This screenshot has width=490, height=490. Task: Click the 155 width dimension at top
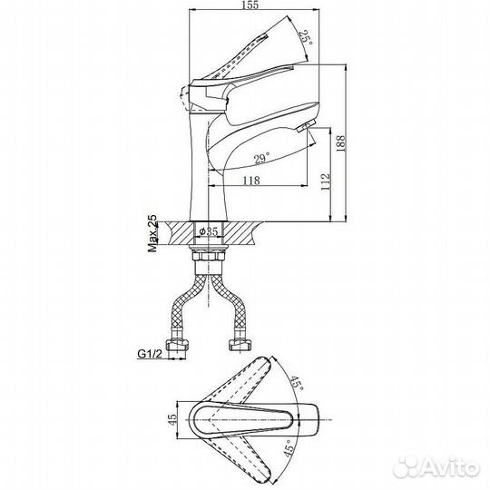click(250, 5)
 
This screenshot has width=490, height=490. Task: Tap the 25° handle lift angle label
click(305, 38)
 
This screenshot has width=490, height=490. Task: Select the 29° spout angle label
click(262, 159)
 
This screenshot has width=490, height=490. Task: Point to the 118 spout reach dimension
click(251, 181)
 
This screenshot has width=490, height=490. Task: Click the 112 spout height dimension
click(326, 181)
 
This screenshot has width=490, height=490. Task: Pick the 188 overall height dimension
click(340, 143)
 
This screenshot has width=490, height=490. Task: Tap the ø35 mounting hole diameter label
click(209, 231)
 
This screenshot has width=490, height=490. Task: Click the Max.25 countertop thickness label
click(153, 233)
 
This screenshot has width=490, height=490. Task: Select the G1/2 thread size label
click(150, 354)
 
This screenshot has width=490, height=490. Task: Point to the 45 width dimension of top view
click(171, 420)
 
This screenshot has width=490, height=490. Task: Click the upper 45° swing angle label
click(296, 383)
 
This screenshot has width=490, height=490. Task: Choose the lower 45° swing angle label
click(289, 449)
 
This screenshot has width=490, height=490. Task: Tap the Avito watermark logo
click(436, 468)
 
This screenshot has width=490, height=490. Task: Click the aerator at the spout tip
click(304, 127)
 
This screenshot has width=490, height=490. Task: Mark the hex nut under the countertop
click(208, 256)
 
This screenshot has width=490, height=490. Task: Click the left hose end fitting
click(177, 346)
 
